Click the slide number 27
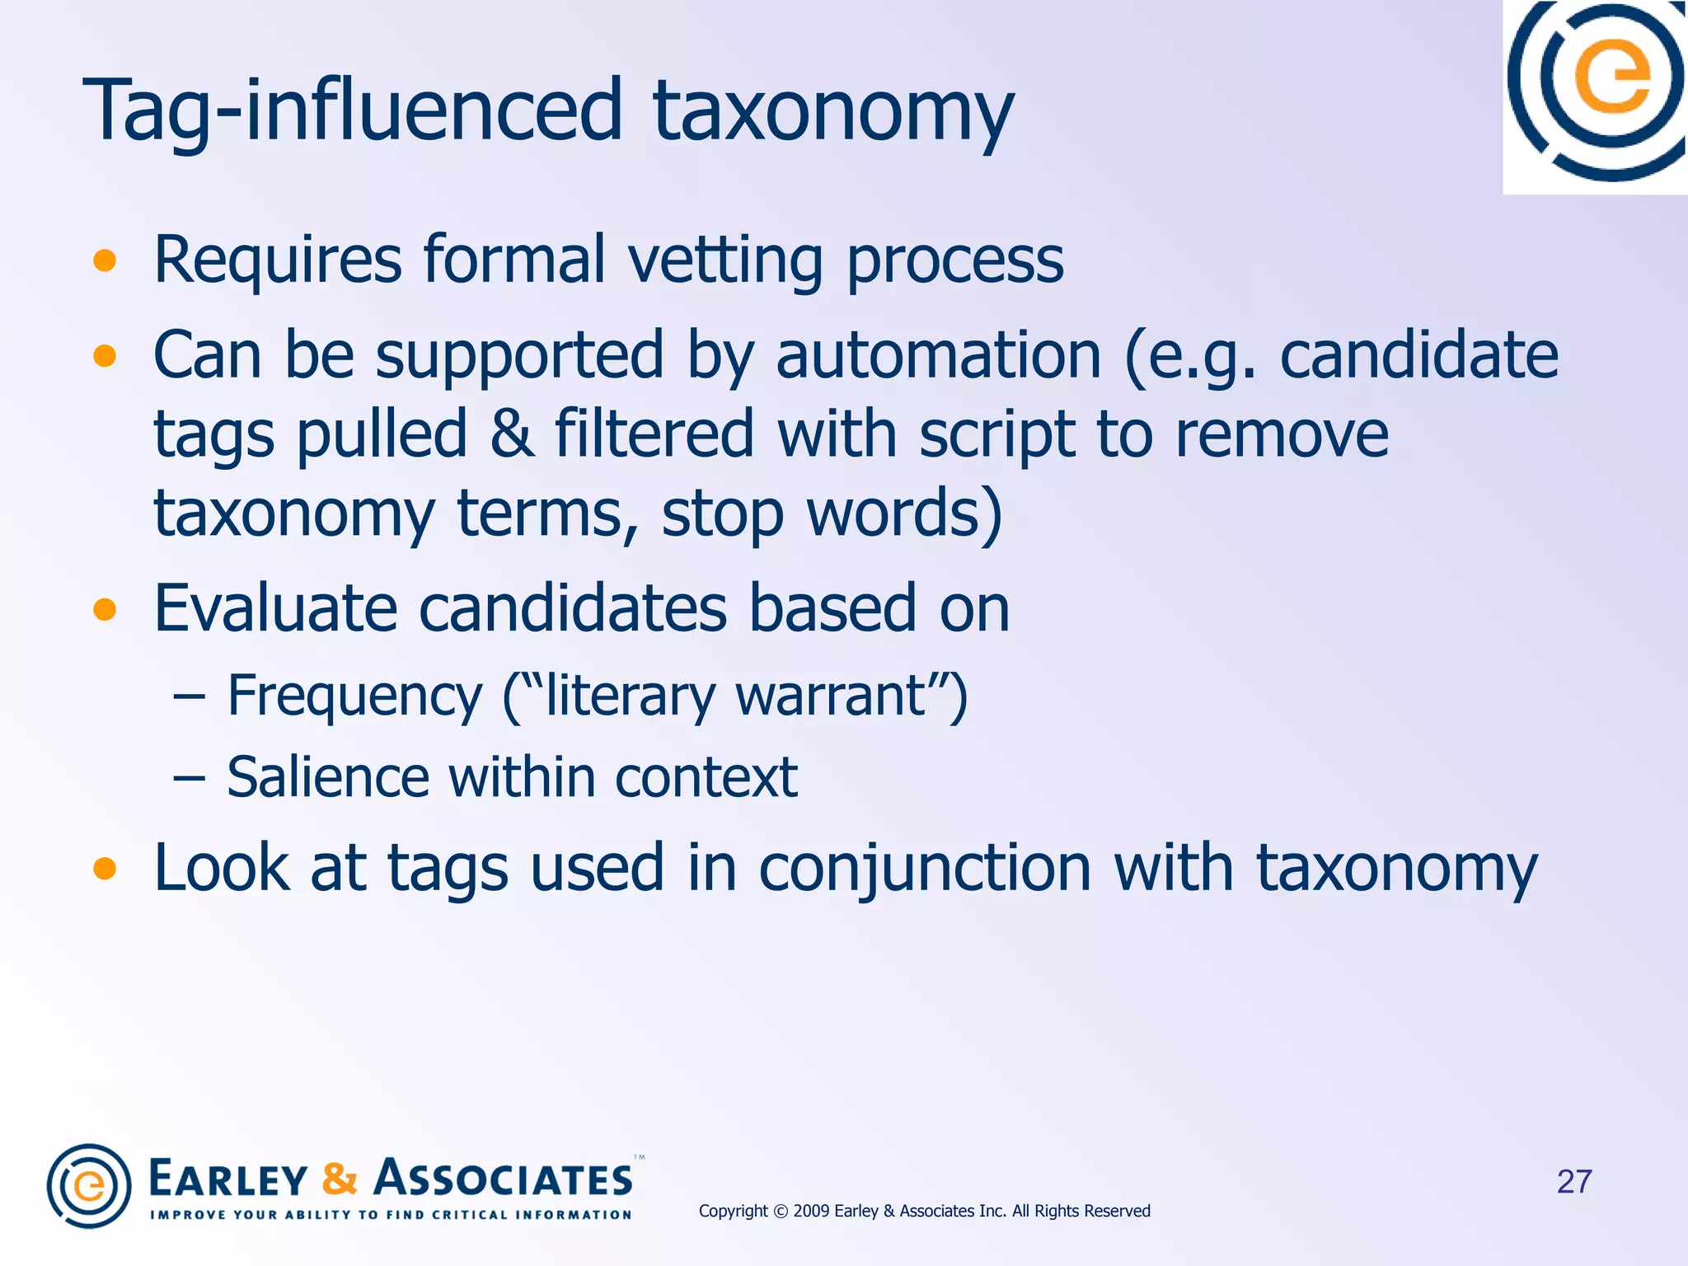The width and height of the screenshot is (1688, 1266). (x=1573, y=1182)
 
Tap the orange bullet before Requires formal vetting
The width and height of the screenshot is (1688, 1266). (x=105, y=261)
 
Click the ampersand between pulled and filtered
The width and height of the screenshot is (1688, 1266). (x=511, y=434)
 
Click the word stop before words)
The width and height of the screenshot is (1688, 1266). (x=722, y=513)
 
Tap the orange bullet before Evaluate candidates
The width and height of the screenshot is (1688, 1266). (x=105, y=610)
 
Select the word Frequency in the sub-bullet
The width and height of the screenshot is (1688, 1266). (x=354, y=696)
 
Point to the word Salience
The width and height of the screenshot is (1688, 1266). (x=327, y=777)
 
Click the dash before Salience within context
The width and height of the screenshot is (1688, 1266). (x=189, y=777)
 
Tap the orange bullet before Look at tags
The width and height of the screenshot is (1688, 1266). (x=105, y=869)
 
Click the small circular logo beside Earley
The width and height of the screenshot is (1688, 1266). (x=89, y=1186)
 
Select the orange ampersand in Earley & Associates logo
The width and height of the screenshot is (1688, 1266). (x=340, y=1179)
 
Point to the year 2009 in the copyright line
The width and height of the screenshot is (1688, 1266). (x=811, y=1211)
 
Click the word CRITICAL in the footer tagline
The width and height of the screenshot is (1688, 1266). (x=469, y=1215)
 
